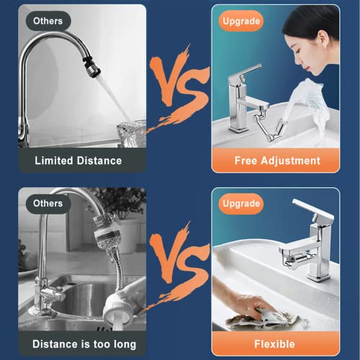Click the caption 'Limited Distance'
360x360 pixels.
tap(78, 161)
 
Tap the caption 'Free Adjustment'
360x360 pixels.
tap(276, 161)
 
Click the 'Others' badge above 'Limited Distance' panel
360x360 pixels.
tap(48, 21)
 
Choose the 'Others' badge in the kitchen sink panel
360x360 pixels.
tap(48, 204)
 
